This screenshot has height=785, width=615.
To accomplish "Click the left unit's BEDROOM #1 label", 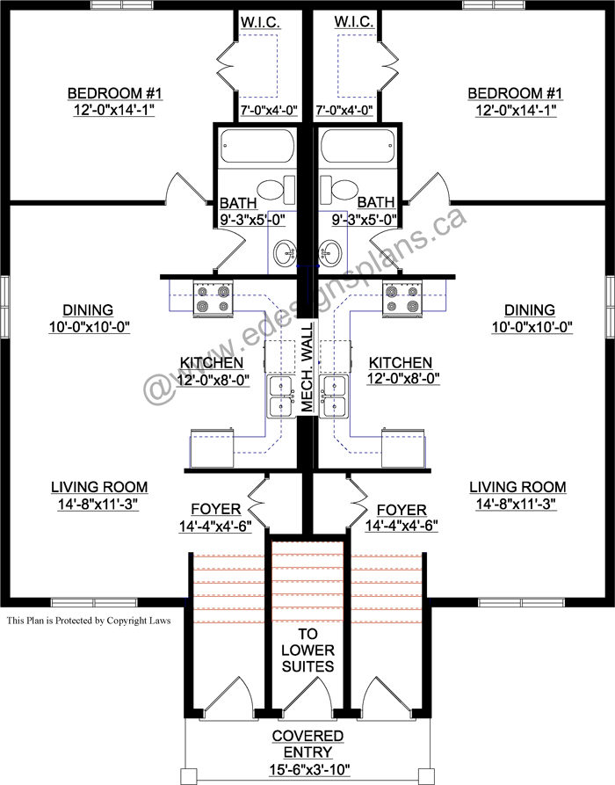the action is point(114,93).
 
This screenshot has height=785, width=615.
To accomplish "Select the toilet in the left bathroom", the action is point(276,190).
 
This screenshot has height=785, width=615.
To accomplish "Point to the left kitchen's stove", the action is point(213,298).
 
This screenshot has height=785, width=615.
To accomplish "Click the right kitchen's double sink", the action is point(334,396).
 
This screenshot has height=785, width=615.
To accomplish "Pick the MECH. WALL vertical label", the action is point(307,367).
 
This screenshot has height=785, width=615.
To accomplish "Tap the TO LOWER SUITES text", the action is point(307,650).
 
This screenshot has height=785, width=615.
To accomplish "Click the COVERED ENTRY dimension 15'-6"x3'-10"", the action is point(308,768).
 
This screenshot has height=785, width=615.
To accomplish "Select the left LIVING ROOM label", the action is point(99,487).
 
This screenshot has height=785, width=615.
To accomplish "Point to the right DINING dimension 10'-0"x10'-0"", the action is point(531,327).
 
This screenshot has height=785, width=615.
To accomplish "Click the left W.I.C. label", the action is point(260,22).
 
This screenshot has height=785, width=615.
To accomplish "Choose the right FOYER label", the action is point(402,510).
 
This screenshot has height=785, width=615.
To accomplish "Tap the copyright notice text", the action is point(89,621).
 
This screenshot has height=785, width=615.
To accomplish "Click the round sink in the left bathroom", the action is point(285,252).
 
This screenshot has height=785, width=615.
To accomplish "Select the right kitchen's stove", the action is point(402,298).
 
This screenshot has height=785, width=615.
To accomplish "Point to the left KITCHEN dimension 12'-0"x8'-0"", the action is point(212,380).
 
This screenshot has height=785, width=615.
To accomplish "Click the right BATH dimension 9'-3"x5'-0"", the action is point(364,219).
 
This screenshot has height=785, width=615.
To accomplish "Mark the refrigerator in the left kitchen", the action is point(212,447).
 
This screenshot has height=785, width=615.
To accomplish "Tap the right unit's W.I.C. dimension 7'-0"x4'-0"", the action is point(344,110).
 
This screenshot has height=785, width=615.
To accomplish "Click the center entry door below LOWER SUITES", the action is point(307,694).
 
